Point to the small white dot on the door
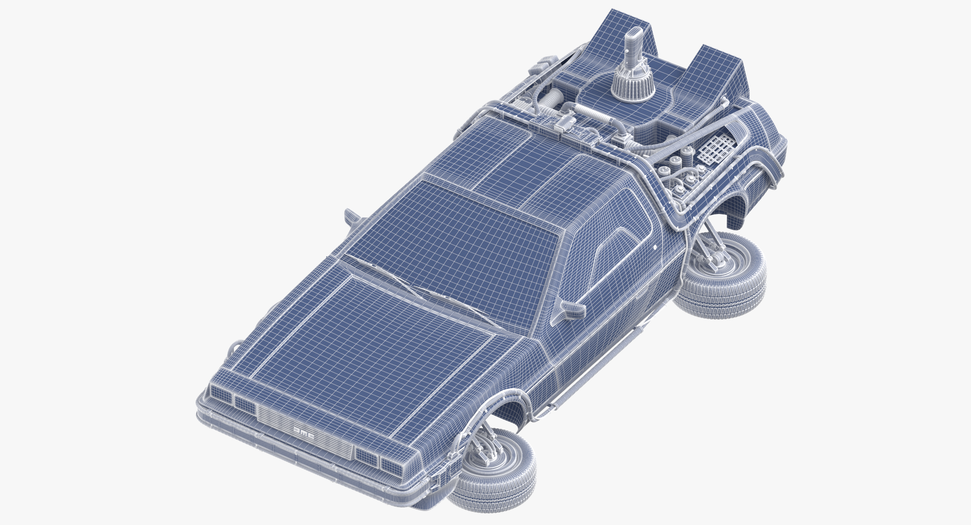(655, 248)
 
